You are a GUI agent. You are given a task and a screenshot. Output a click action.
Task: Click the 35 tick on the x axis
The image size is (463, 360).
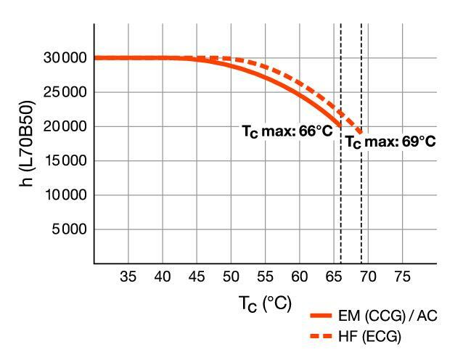[x=128, y=277]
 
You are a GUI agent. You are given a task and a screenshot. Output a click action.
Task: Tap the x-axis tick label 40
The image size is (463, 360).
[x=163, y=277]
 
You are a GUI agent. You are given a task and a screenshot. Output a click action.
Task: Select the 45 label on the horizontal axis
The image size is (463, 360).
[x=197, y=277]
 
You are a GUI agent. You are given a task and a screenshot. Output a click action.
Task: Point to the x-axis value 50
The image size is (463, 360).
[x=231, y=277]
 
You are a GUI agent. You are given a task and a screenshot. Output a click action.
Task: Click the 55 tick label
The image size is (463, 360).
[x=265, y=277]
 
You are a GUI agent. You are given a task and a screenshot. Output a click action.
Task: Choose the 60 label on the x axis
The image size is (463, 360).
[x=299, y=277]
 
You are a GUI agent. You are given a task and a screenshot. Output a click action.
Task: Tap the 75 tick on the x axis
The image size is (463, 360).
[x=402, y=277]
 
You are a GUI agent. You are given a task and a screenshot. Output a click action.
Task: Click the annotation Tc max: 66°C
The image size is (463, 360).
[x=287, y=131]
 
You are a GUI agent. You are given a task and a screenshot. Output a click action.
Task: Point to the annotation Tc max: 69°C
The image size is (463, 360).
[x=390, y=142]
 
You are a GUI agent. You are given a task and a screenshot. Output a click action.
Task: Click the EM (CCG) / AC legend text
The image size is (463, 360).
[x=388, y=316]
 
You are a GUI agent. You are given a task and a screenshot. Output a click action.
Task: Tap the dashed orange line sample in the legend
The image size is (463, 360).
[x=321, y=336]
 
